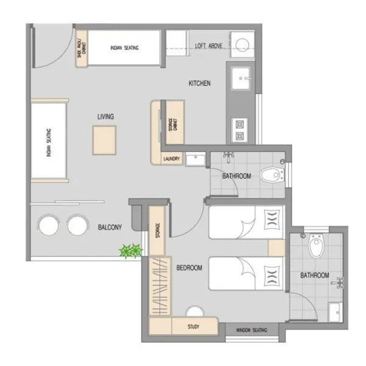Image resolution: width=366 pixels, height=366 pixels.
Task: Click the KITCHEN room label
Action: (x=199, y=84)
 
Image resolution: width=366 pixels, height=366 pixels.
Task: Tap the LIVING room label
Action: (x=106, y=116)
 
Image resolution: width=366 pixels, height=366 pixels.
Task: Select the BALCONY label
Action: (x=110, y=227)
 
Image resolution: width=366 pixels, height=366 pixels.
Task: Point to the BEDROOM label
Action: (x=189, y=267)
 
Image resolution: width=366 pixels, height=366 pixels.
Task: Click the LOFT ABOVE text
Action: (x=208, y=46)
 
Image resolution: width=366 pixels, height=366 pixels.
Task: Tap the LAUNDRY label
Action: (x=171, y=159)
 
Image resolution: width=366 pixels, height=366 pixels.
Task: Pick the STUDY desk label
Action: (x=193, y=326)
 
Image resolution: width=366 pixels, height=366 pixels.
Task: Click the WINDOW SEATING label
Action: (x=251, y=329)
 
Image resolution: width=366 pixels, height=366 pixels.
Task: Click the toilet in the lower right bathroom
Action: (x=315, y=247)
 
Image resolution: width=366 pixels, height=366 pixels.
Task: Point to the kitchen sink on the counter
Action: (x=243, y=77)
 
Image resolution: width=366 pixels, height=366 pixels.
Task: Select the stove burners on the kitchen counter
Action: (x=240, y=131)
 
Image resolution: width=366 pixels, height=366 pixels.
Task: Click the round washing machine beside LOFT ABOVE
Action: (x=243, y=44)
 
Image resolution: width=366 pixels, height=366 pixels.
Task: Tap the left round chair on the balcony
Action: (x=48, y=226)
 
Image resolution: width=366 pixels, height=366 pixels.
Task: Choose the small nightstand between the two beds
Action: (x=276, y=248)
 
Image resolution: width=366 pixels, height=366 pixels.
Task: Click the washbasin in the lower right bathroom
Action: (x=334, y=310)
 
